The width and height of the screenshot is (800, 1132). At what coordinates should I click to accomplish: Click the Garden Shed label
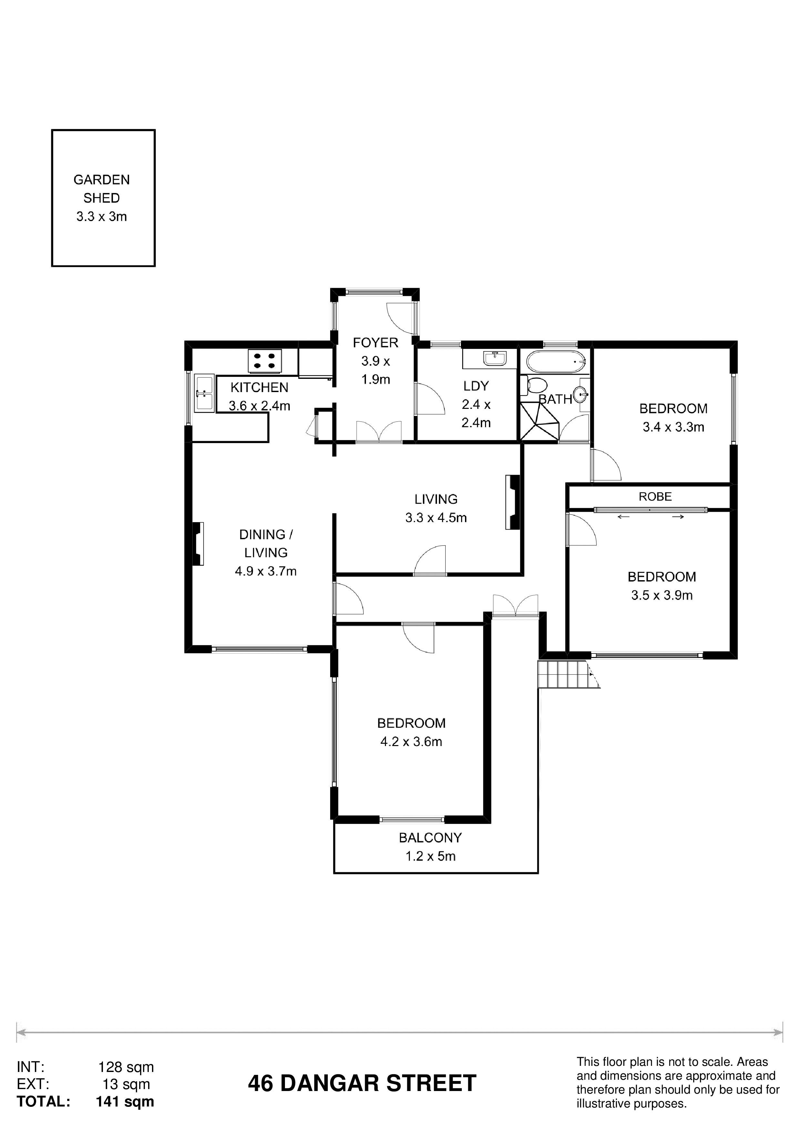click(102, 189)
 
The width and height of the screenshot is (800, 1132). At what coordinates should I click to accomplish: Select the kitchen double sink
click(204, 393)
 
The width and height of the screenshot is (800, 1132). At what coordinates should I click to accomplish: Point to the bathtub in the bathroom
click(555, 362)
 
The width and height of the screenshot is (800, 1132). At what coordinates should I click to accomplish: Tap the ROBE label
click(655, 497)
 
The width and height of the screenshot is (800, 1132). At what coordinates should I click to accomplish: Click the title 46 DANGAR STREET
click(362, 1083)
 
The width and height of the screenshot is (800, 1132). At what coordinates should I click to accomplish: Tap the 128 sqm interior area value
click(126, 1067)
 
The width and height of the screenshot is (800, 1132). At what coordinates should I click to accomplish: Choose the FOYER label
click(376, 342)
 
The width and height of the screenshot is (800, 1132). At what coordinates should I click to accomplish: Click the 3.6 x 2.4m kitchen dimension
click(259, 406)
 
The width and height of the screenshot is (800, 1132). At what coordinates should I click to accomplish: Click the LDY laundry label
click(476, 386)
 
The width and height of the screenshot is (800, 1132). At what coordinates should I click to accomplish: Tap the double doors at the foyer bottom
click(379, 431)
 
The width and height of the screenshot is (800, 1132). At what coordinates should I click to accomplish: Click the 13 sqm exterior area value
click(126, 1084)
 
